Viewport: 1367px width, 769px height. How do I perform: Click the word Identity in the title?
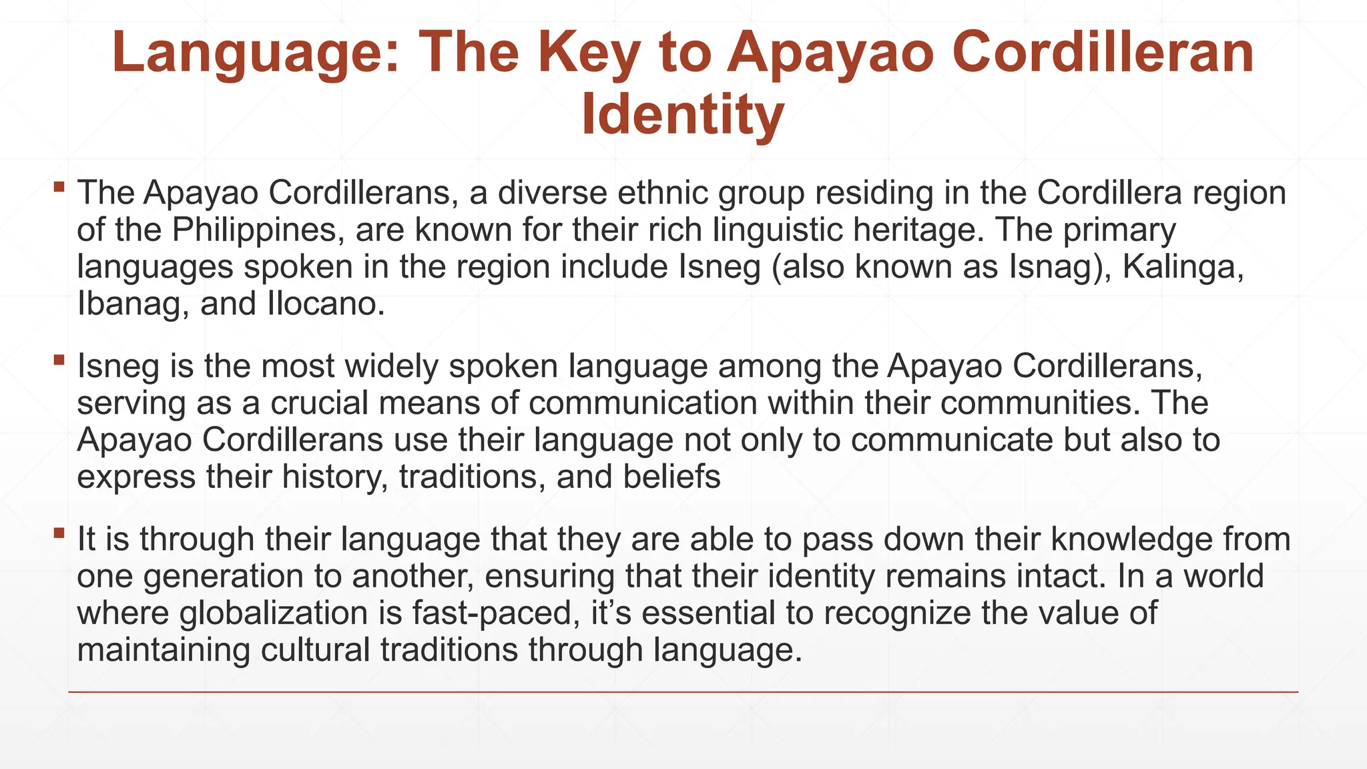tap(681, 116)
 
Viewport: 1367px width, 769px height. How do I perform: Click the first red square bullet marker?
tap(59, 186)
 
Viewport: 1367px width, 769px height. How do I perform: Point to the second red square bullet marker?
tap(59, 360)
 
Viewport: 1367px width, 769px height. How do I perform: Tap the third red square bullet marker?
tap(59, 533)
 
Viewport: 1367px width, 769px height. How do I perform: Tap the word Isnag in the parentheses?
tap(1051, 267)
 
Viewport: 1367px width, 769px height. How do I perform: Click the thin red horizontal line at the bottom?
tap(683, 692)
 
